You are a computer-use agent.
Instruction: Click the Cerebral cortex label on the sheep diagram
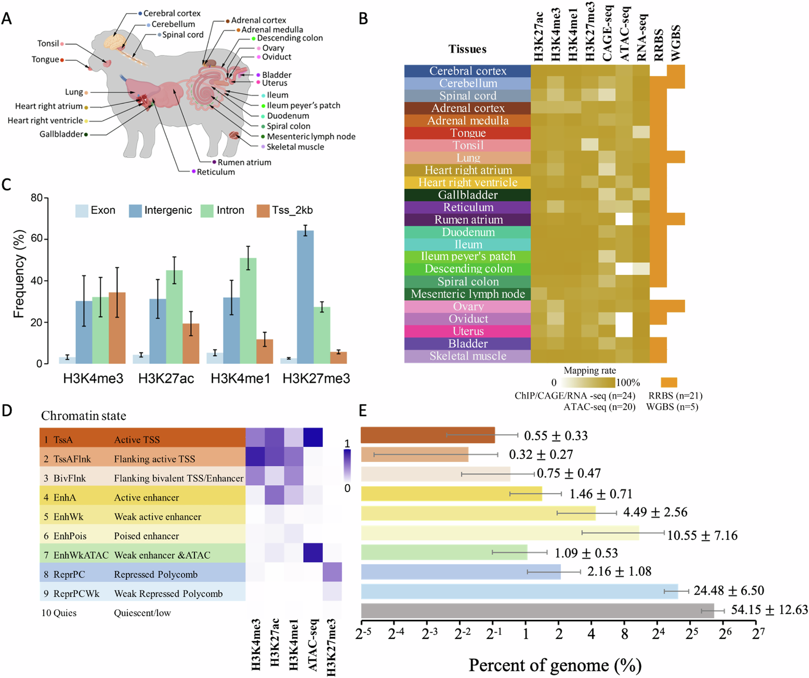point(172,13)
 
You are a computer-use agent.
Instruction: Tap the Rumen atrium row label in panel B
point(468,220)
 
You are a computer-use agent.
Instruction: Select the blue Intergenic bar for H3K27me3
point(305,297)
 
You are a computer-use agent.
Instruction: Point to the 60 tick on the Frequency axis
point(37,239)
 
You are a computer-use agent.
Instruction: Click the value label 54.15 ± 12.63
point(769,610)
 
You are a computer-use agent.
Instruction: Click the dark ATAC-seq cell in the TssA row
point(313,438)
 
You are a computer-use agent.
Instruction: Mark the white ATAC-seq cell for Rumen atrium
point(624,220)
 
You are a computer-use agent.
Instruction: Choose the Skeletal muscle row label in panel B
point(468,356)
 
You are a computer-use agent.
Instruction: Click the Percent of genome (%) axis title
point(555,665)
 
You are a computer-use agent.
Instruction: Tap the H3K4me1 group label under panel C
point(240,379)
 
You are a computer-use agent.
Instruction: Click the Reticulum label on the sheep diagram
point(215,172)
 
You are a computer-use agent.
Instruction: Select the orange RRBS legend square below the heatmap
point(669,382)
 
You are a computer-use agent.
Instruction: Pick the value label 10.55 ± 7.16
point(702,536)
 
